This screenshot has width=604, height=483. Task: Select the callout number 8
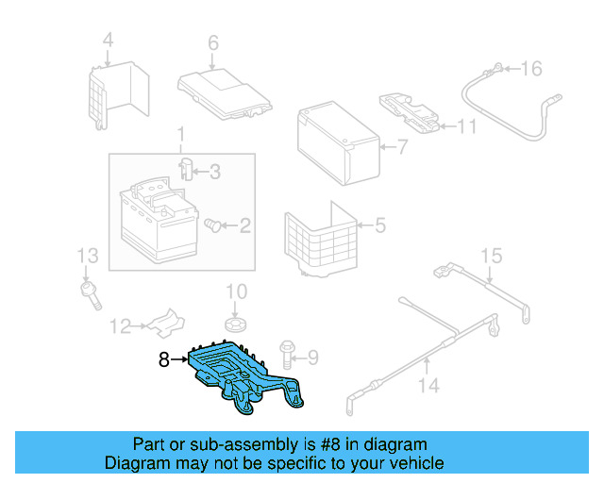pos(163,358)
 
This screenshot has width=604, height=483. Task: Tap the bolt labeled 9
pos(289,357)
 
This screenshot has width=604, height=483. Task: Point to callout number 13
pos(87,255)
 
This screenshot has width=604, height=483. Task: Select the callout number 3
pos(214,172)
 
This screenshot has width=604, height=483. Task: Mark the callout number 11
pos(467,126)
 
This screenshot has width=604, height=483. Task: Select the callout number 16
pos(532,68)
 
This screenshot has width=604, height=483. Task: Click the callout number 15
pos(492,255)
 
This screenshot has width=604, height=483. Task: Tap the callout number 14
pos(428,385)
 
